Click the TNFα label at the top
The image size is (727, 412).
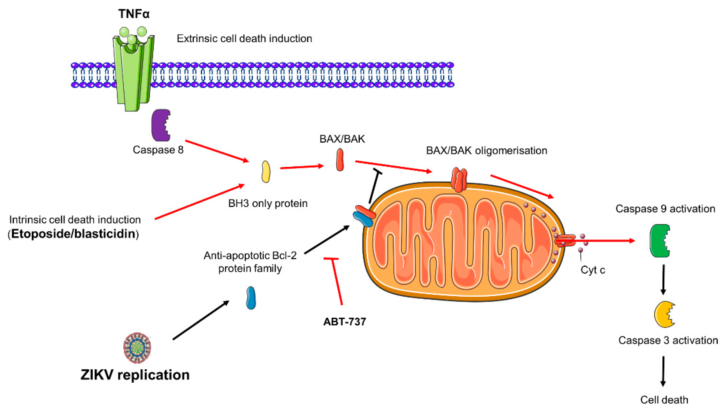coord(134,14)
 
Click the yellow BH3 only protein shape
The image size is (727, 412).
coord(266,172)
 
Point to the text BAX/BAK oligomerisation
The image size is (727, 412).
coord(486,151)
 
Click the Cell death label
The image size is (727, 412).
coord(664,400)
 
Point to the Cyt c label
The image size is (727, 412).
coord(593,270)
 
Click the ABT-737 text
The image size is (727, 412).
coord(344,322)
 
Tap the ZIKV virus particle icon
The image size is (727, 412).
coord(137,348)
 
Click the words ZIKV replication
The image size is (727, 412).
coord(135,375)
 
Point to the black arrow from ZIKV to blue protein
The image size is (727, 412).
coord(201,320)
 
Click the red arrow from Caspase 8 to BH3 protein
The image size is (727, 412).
coord(217,151)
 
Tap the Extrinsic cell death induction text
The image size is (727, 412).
coord(244,39)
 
